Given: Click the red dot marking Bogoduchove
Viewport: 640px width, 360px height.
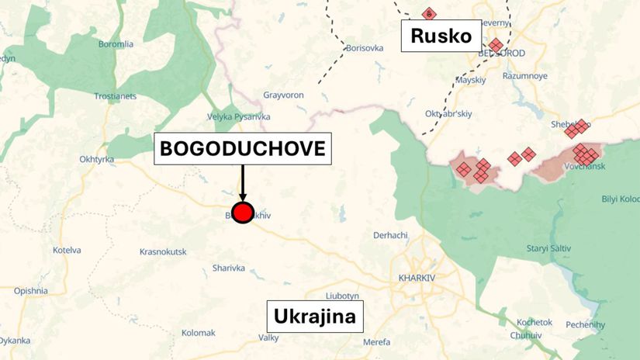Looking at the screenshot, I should pos(243,213).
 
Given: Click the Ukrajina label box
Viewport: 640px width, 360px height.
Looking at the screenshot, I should pos(314,317).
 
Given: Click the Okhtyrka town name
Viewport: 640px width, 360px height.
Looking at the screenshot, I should pos(97,160).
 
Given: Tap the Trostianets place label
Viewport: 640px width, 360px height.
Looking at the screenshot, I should pos(115,96).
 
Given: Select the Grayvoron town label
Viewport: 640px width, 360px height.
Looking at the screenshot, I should pos(283,95).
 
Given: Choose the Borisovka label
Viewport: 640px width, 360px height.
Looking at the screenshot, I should pos(365,48).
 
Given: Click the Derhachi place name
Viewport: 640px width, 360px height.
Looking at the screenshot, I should pos(390,235).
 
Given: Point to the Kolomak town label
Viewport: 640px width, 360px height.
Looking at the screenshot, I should pos(198,333).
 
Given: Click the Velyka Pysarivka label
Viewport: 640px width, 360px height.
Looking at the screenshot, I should pos(239,116).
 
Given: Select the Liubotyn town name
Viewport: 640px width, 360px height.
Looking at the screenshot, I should pos(342,296).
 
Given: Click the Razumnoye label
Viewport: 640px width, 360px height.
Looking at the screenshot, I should pos(525,76).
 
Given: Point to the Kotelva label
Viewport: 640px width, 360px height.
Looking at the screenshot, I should pos(67,250).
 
